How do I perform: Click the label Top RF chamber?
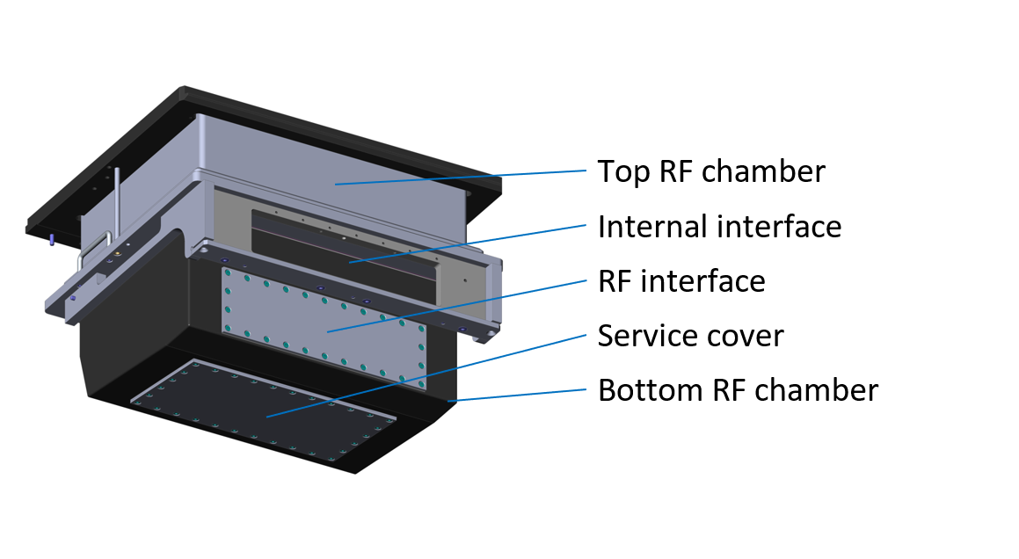(710, 171)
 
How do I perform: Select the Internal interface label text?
(719, 227)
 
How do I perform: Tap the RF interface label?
(681, 281)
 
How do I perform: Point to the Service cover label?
(690, 336)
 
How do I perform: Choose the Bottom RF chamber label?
(737, 389)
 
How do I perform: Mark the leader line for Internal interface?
(466, 243)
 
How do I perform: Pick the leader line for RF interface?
(457, 305)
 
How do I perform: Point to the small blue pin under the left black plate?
(52, 239)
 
